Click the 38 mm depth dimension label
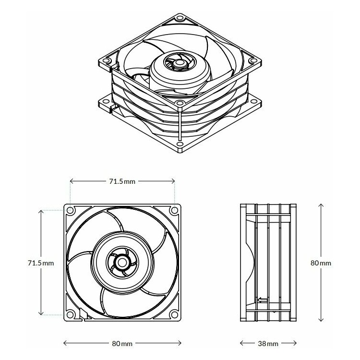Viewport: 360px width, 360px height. (268, 344)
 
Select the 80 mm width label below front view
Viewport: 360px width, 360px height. (122, 344)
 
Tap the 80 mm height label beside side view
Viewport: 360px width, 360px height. (321, 263)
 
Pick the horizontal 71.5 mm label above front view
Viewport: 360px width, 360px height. (122, 181)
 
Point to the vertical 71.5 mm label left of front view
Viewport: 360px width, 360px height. (41, 263)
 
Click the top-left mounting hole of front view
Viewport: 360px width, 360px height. (70, 210)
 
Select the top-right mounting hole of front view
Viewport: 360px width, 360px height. (174, 210)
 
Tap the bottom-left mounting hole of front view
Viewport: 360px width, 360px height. (70, 314)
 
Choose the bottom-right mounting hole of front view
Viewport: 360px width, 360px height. (174, 314)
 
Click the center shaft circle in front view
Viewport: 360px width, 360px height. (121, 262)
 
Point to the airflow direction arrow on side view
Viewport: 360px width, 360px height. (263, 300)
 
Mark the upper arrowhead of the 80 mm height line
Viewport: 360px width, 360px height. (321, 205)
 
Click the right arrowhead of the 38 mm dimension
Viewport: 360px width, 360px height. (295, 343)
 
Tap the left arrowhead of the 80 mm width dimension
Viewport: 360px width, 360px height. (65, 343)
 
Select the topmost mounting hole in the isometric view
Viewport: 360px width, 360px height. (180, 18)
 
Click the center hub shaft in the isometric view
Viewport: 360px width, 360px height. (179, 63)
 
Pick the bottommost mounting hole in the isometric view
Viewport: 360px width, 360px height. (180, 144)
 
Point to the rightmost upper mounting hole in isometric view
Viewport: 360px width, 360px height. (253, 60)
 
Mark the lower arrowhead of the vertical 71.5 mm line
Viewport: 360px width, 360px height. (41, 313)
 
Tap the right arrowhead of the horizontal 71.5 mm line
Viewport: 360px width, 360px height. (173, 181)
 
